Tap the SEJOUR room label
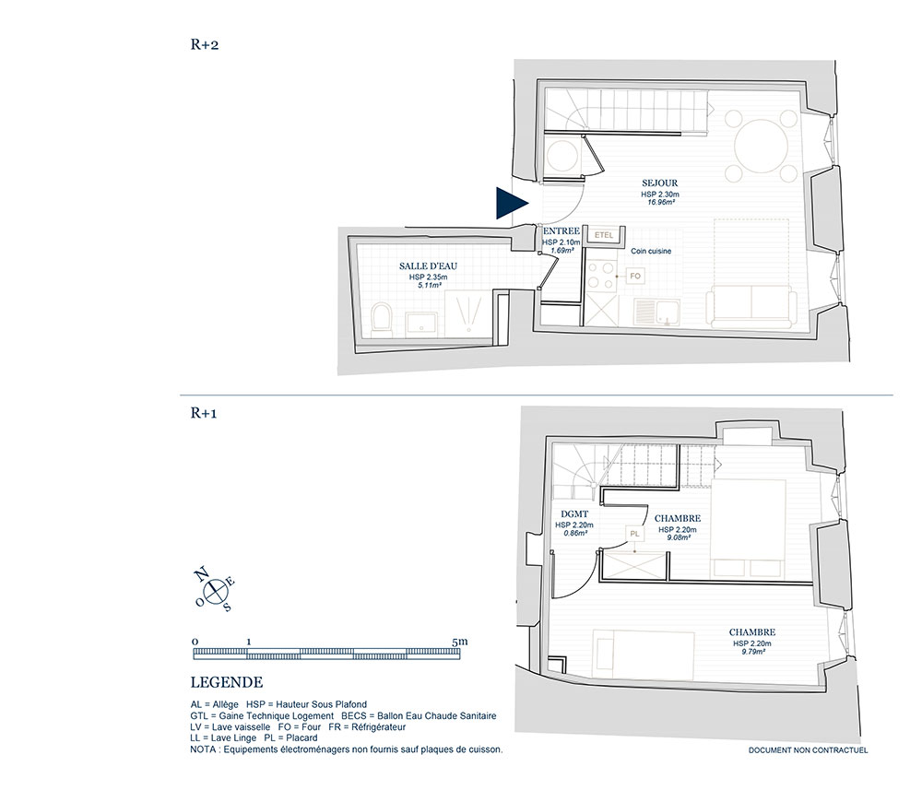(x=660, y=183)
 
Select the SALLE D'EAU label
(x=428, y=266)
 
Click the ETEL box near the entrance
(x=604, y=235)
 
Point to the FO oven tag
(x=635, y=276)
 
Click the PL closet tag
(x=635, y=534)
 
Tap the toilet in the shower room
(x=382, y=320)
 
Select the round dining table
(x=761, y=147)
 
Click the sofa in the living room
(x=750, y=306)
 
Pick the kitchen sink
(x=656, y=312)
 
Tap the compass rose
(x=216, y=587)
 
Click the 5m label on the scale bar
(x=460, y=642)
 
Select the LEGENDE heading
(x=227, y=682)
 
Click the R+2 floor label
(x=204, y=44)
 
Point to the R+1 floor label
(x=204, y=413)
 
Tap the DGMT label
(x=574, y=514)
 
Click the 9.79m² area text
(x=752, y=652)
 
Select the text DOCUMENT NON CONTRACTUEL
(x=808, y=750)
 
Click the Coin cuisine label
(x=651, y=251)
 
